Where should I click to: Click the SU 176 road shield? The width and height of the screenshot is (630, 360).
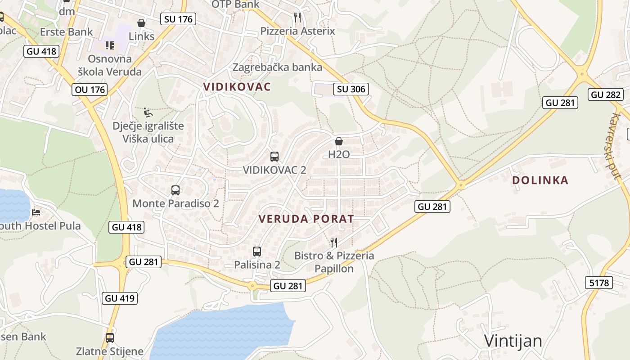179,19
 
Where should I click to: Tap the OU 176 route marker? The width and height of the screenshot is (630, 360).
90,90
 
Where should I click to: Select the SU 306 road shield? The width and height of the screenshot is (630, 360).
351,89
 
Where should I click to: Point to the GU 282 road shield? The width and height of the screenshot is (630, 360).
605,94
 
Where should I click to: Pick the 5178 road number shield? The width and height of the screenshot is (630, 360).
599,283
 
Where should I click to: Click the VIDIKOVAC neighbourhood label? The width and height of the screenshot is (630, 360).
237,86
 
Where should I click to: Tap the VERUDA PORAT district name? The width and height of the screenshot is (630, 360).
306,219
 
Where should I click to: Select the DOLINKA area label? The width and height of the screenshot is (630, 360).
540,180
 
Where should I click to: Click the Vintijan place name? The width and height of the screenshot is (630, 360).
513,341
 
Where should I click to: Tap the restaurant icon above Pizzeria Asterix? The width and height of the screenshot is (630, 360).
297,18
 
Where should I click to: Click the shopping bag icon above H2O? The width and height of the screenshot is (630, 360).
339,141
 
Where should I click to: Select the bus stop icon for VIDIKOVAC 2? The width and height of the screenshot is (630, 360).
274,157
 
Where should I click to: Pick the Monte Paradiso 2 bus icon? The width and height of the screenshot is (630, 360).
175,190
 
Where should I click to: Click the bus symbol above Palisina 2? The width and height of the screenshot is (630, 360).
257,252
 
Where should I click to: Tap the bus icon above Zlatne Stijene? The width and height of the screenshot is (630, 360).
110,338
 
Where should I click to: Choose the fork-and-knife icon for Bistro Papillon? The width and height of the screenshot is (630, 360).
333,243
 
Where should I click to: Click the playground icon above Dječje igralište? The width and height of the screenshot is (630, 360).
148,112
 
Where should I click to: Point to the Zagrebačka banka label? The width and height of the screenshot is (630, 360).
277,67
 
